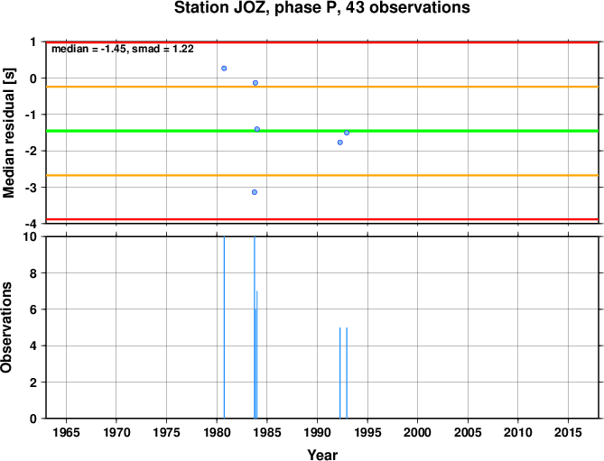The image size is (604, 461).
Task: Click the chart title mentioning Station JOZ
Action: (x=322, y=8)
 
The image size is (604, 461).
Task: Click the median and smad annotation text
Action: (x=123, y=49)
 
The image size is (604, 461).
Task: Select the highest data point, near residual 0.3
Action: (x=224, y=69)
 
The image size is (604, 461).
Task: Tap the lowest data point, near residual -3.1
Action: (x=255, y=192)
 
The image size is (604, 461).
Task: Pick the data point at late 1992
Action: (x=347, y=133)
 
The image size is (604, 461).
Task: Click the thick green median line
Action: (x=322, y=131)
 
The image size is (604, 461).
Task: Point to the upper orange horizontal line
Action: (x=322, y=87)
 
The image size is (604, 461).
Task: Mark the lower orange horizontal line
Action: (x=322, y=176)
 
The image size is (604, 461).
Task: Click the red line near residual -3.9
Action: (x=322, y=219)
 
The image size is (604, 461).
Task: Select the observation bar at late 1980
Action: (x=224, y=327)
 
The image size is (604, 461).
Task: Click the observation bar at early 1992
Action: (x=340, y=373)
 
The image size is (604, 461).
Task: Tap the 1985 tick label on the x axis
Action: (x=267, y=432)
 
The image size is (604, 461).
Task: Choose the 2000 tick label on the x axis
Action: (x=417, y=432)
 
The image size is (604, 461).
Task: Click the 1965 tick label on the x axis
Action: (x=66, y=432)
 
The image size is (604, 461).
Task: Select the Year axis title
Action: (x=322, y=455)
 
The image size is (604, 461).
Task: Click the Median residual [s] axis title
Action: (x=8, y=133)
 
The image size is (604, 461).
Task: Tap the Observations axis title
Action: (x=6, y=327)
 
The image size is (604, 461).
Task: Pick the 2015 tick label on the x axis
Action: (x=568, y=432)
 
